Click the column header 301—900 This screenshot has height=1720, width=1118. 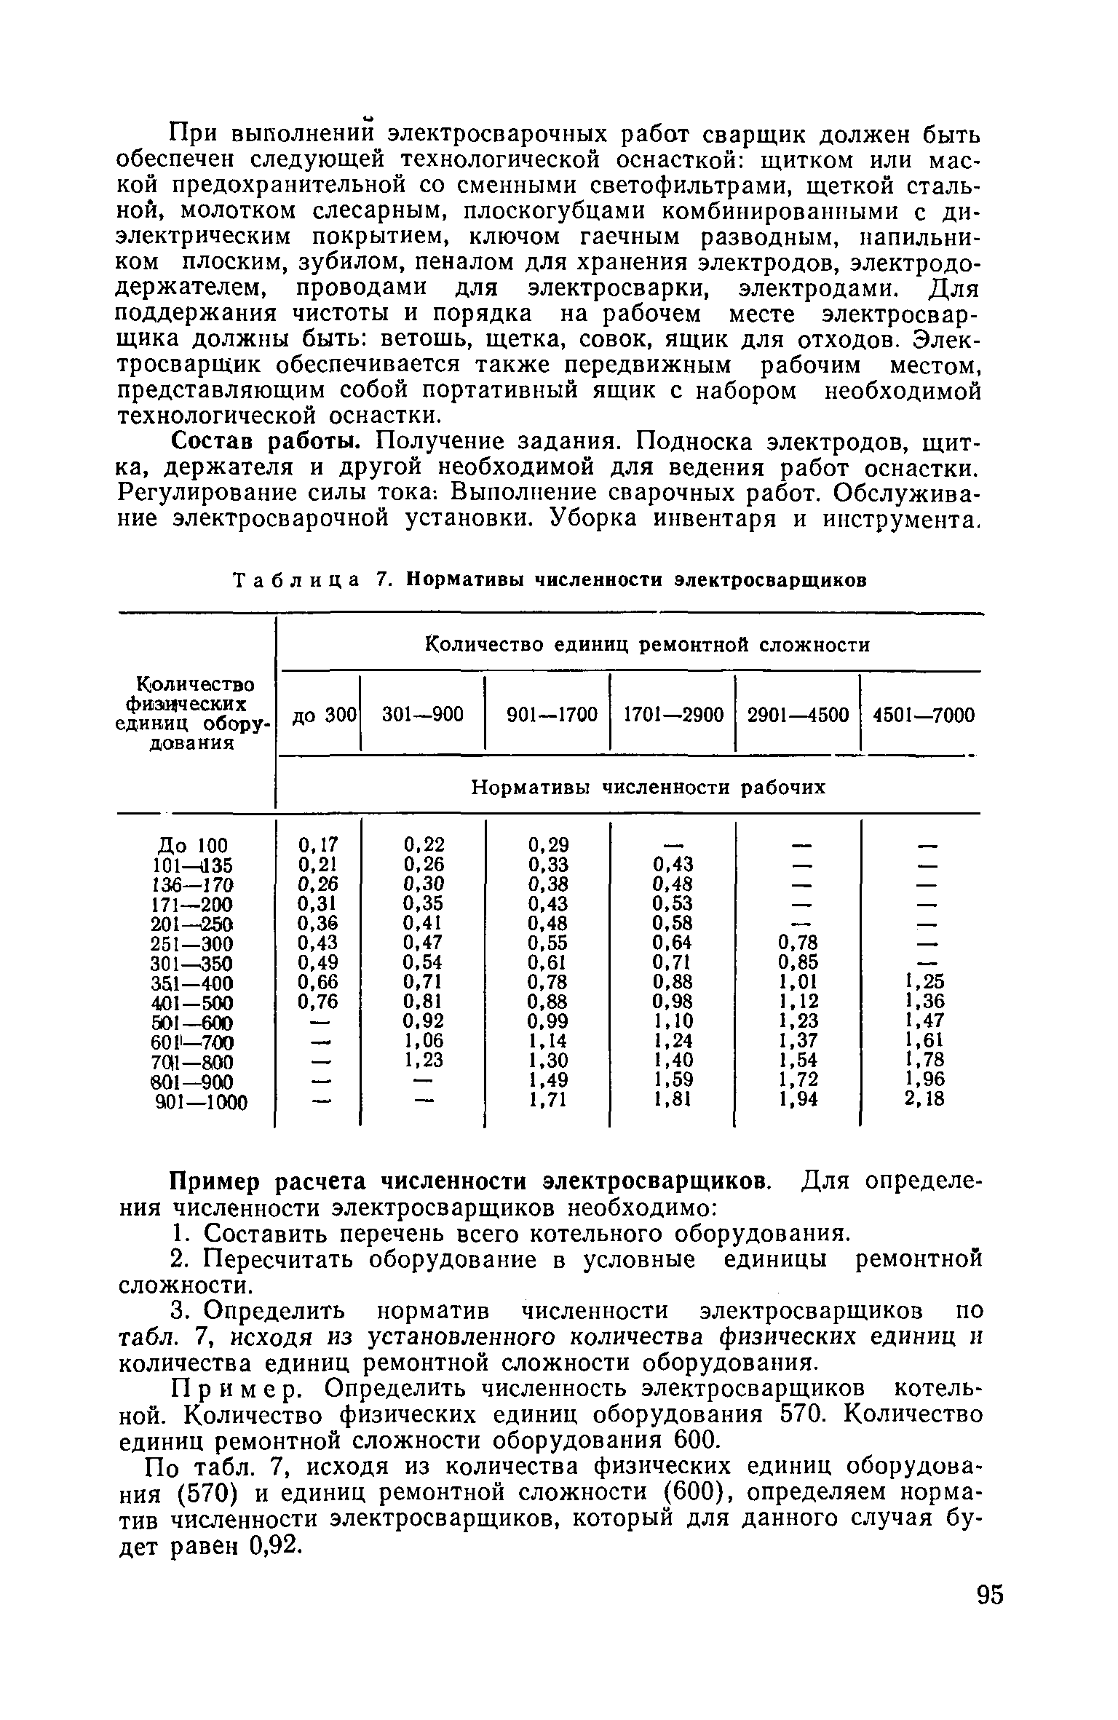[x=423, y=716]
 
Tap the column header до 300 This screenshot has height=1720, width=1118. [x=319, y=716]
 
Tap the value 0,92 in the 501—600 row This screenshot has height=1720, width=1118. [x=424, y=1020]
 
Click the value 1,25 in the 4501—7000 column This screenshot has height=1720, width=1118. [x=924, y=980]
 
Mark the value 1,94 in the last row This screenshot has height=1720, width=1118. [x=798, y=1099]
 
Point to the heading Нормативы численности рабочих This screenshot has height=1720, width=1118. [x=649, y=788]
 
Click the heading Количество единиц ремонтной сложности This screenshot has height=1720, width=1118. [x=647, y=646]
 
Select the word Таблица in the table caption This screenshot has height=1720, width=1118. [x=296, y=580]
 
